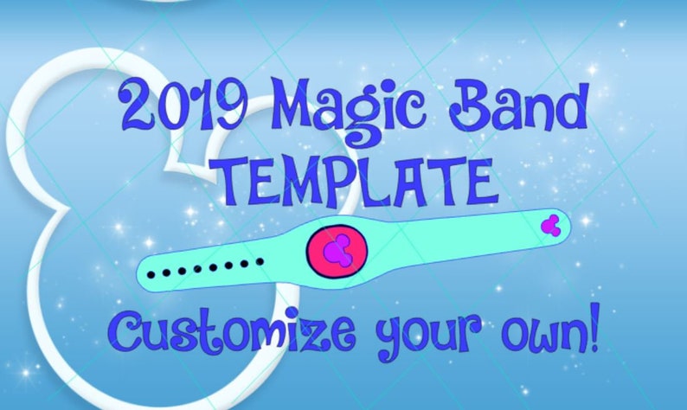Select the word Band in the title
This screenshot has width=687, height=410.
click(x=518, y=106)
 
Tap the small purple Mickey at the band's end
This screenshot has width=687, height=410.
click(x=550, y=225)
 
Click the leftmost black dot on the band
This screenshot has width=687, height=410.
click(x=151, y=275)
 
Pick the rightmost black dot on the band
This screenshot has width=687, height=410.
click(x=260, y=261)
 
